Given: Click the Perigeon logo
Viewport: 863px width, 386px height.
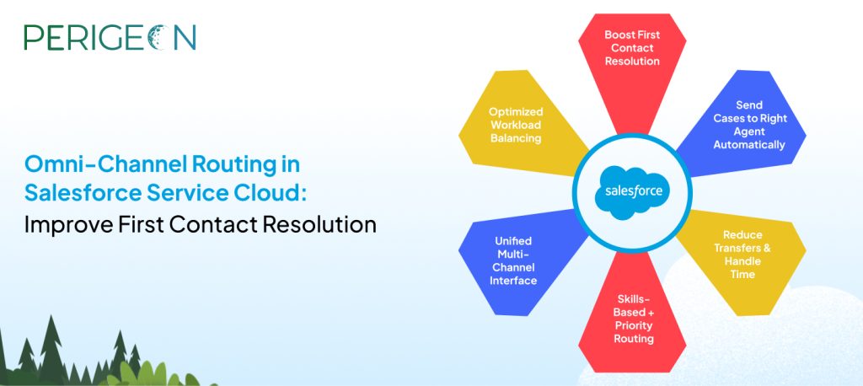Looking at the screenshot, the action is tap(110, 37).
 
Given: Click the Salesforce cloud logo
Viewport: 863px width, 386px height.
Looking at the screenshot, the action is tap(632, 192).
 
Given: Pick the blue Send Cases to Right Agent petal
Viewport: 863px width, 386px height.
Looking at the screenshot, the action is tap(743, 125).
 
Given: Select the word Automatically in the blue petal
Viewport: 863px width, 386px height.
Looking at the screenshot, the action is tap(749, 145).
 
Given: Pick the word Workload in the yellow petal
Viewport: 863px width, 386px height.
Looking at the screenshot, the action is tap(516, 125).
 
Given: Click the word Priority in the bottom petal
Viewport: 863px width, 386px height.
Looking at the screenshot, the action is tap(634, 325).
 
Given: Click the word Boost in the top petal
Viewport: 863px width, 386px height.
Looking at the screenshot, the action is tap(617, 35).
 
